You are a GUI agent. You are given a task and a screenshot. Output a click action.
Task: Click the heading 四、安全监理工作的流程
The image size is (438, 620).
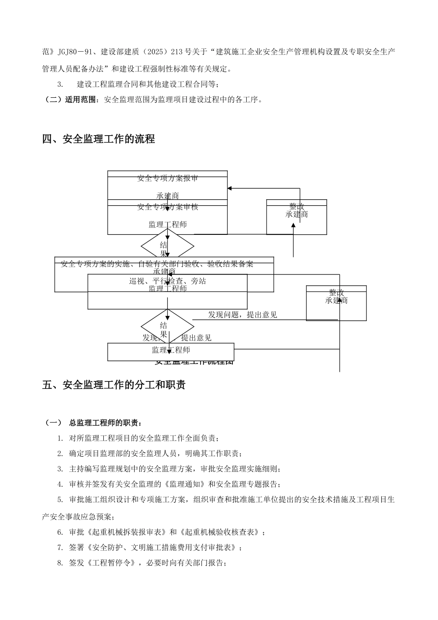99,139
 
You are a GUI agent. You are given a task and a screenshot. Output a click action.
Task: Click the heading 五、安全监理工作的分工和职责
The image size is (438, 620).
114,385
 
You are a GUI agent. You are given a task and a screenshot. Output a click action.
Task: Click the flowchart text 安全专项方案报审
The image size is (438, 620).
167,178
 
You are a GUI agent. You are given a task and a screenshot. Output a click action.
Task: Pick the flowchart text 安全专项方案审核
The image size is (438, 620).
167,207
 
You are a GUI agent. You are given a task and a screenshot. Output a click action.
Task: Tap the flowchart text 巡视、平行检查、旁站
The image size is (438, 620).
167,281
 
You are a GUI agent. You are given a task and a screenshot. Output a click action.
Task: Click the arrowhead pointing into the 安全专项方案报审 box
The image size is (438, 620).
230,188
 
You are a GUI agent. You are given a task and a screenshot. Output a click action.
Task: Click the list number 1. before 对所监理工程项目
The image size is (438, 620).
60,438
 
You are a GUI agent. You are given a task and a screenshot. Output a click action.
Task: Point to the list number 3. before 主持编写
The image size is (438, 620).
60,469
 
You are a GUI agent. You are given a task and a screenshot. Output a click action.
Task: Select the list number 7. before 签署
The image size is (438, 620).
60,548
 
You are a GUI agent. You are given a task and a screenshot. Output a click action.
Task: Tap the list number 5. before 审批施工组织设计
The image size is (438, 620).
60,500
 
